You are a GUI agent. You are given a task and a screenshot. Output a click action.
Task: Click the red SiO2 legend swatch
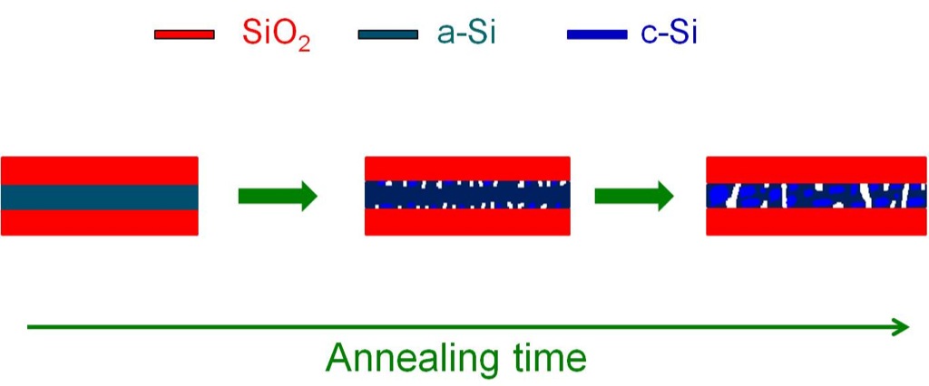click(x=184, y=34)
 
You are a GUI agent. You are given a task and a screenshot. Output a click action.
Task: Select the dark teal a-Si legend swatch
click(x=388, y=34)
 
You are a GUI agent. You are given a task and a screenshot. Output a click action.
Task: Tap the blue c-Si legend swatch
click(x=597, y=34)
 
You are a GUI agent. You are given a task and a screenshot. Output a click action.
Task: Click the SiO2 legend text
click(x=277, y=36)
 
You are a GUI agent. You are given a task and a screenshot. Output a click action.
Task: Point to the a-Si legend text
click(x=466, y=34)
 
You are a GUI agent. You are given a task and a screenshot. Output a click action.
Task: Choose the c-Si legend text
click(x=669, y=34)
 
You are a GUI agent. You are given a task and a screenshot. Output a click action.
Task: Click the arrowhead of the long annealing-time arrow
click(x=901, y=327)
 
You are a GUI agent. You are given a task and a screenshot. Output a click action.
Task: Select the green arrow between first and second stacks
click(x=278, y=196)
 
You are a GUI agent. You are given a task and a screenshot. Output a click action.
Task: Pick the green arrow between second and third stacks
click(x=634, y=196)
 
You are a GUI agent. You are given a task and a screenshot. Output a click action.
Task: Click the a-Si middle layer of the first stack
click(x=100, y=198)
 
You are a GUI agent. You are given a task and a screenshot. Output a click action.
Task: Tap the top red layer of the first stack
click(x=100, y=170)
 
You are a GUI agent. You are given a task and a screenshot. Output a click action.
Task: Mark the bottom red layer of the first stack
click(x=100, y=223)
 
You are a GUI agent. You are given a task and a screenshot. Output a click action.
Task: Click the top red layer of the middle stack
click(x=467, y=169)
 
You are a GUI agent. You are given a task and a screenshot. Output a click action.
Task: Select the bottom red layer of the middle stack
click(x=467, y=222)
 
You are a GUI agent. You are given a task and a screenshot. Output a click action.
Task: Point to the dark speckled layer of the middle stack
click(x=467, y=195)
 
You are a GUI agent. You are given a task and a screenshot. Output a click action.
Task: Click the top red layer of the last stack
click(x=816, y=170)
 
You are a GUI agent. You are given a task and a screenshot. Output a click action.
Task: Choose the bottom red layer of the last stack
click(x=816, y=222)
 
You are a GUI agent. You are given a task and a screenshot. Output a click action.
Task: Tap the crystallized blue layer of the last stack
click(x=816, y=196)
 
